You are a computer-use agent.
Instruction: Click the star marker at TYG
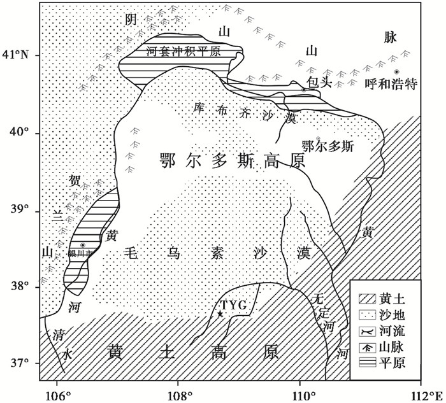[220, 314]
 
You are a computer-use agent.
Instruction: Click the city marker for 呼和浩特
[396, 71]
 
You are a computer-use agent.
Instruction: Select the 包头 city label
[317, 83]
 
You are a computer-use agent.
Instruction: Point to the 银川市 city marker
[83, 245]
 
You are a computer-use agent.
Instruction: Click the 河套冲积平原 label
[183, 53]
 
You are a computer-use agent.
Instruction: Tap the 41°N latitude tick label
[19, 55]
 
